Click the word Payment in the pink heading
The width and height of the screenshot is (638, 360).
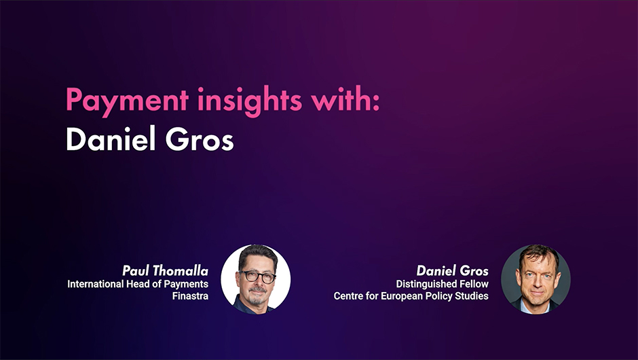128,100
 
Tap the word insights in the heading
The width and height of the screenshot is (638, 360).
250,99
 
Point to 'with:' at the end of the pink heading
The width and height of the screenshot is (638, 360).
345,98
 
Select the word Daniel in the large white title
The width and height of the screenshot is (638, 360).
111,139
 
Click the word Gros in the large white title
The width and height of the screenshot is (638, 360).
200,139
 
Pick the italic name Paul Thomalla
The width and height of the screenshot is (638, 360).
165,271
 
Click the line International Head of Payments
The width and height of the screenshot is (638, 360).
138,284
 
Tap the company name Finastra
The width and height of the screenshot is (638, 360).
190,296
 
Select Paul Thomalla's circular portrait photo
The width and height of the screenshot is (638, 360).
255,279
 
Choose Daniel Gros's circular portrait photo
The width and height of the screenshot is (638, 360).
536,279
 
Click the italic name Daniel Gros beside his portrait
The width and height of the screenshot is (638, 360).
453,271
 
